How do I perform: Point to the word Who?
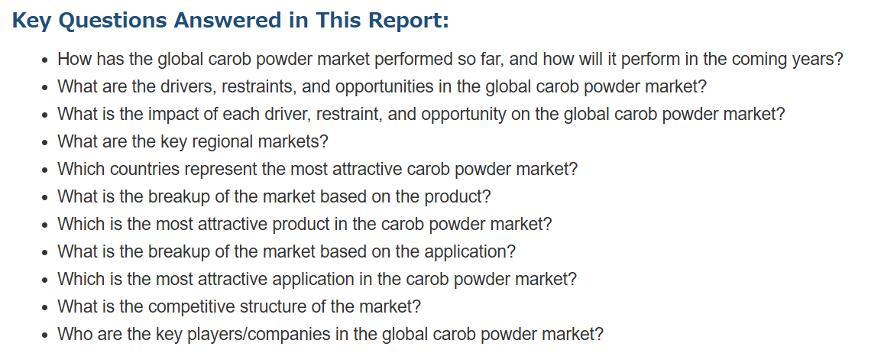73,335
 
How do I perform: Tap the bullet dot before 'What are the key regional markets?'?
45,143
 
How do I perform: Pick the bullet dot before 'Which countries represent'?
45,170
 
